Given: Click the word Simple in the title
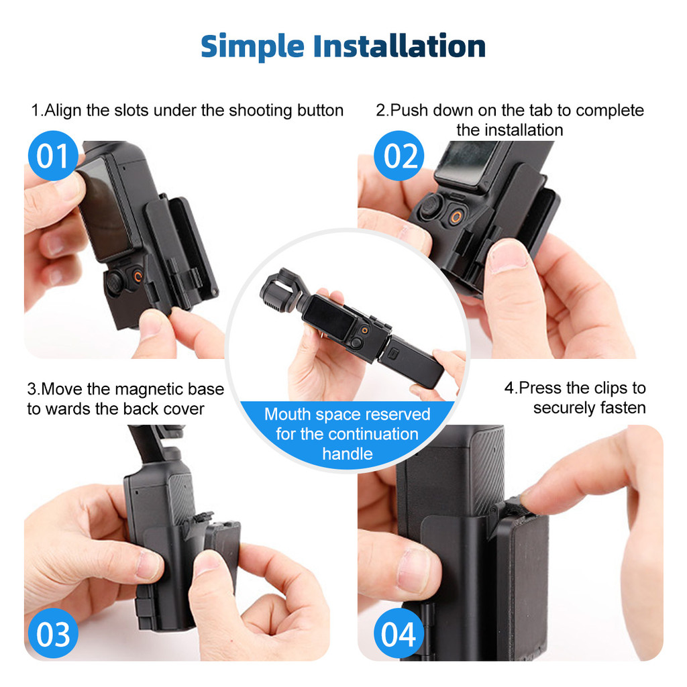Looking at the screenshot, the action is pyautogui.click(x=252, y=47).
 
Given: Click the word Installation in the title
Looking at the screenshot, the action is pyautogui.click(x=399, y=46).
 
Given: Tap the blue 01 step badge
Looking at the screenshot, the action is pyautogui.click(x=53, y=156).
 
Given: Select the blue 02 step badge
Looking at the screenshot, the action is pyautogui.click(x=399, y=156).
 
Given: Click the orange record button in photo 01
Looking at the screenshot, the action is pyautogui.click(x=138, y=276).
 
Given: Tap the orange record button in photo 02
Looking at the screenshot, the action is pyautogui.click(x=456, y=217).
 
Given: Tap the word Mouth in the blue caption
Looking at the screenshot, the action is pyautogui.click(x=288, y=414).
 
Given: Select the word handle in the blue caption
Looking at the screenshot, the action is pyautogui.click(x=348, y=454).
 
